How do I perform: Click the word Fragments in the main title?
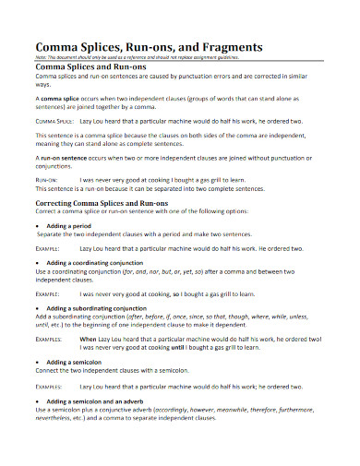click(227, 46)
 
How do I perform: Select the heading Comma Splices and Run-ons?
click(90, 67)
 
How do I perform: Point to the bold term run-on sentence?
click(66, 158)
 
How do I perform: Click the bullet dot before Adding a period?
click(37, 225)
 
